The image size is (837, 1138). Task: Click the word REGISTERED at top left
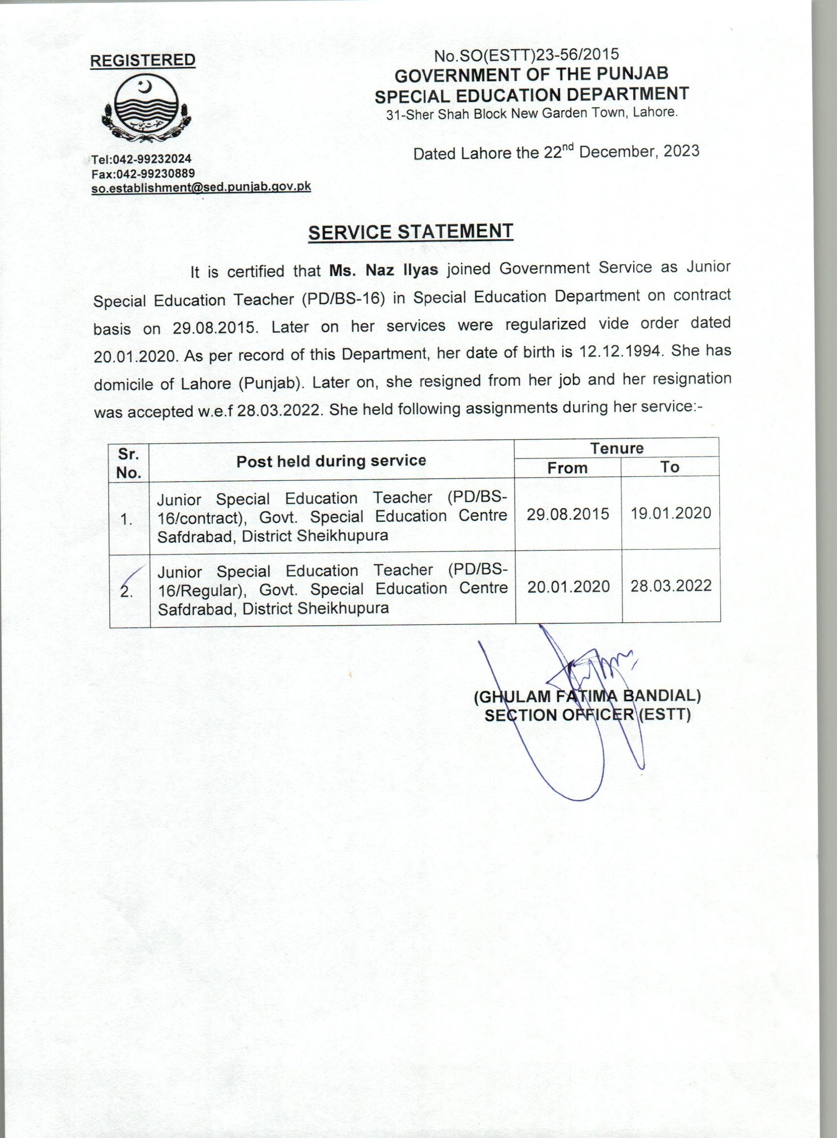(142, 60)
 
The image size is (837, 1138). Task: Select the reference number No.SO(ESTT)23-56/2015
(526, 54)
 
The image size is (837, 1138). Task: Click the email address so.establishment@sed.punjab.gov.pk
(201, 187)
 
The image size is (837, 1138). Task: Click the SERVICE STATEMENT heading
(411, 232)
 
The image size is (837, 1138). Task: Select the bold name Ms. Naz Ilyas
(384, 270)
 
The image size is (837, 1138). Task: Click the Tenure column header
(616, 448)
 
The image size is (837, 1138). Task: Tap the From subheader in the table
(568, 468)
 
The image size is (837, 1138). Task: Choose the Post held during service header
(331, 461)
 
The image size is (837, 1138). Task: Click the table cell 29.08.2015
(568, 514)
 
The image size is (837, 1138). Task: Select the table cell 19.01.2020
(671, 513)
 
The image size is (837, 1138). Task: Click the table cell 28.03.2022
(671, 585)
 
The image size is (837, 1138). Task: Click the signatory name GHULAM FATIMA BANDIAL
(587, 697)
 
